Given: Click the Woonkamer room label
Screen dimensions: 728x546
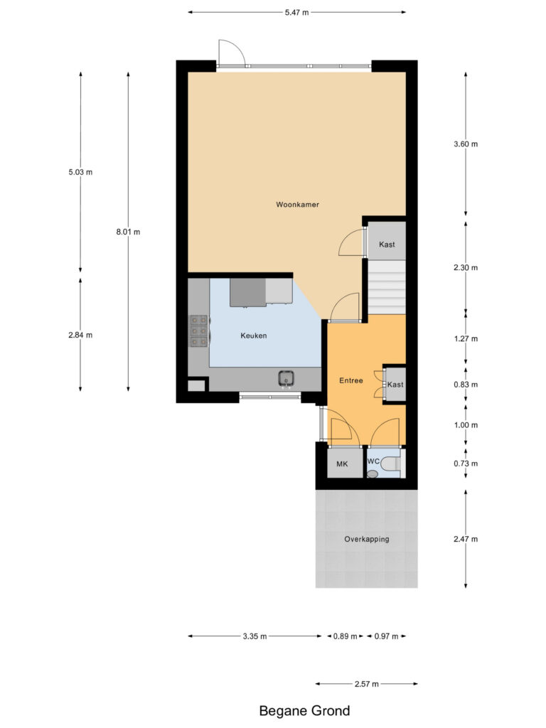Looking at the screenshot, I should [297, 205].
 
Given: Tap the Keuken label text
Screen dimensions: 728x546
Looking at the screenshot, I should [254, 336].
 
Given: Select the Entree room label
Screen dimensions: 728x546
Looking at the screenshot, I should [350, 380].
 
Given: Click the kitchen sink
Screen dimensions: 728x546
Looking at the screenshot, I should [286, 378].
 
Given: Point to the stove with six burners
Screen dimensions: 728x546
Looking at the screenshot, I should [198, 330].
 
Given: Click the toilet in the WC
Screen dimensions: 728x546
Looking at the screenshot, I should [390, 464].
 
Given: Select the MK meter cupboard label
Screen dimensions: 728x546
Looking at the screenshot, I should [341, 464].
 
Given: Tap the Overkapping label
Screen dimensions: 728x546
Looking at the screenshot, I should [366, 539].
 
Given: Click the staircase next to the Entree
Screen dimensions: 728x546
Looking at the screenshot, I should [386, 287].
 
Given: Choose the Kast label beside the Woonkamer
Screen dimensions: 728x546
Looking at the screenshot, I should [387, 245].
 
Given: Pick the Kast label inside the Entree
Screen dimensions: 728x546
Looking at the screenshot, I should [395, 384].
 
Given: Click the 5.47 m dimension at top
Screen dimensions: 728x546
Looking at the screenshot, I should [296, 12].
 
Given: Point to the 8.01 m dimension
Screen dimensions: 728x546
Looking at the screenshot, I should [128, 232].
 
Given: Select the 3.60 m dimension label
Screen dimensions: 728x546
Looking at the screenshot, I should [466, 144].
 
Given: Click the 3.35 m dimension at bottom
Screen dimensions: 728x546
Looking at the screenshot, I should [254, 636].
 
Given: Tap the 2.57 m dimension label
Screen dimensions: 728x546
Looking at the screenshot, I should [366, 684].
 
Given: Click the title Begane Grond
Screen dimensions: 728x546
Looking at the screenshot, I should [304, 710].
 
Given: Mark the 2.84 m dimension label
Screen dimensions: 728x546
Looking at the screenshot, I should [80, 335].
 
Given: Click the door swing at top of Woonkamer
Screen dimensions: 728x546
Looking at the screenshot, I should [230, 53].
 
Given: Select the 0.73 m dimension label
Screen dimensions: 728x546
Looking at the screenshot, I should [466, 464].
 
